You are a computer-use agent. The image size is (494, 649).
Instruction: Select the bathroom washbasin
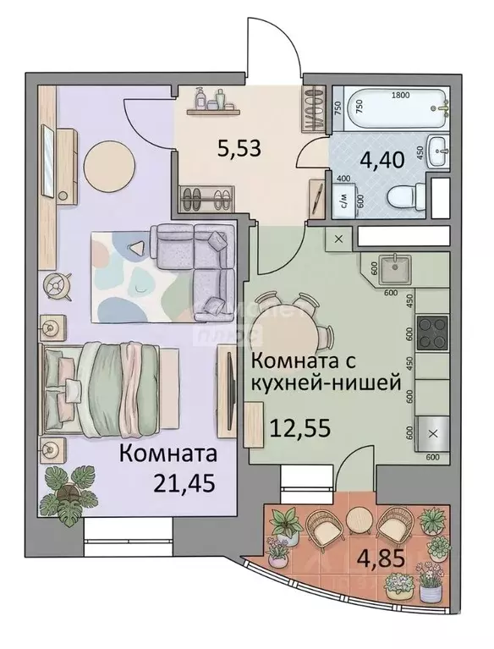point(439,152)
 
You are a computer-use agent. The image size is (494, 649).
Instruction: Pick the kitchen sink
point(394,272)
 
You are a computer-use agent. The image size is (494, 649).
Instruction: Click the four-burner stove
point(434,331)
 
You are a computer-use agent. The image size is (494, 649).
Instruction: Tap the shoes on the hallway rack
point(206,200)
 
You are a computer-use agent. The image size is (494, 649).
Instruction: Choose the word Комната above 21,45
point(168,454)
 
